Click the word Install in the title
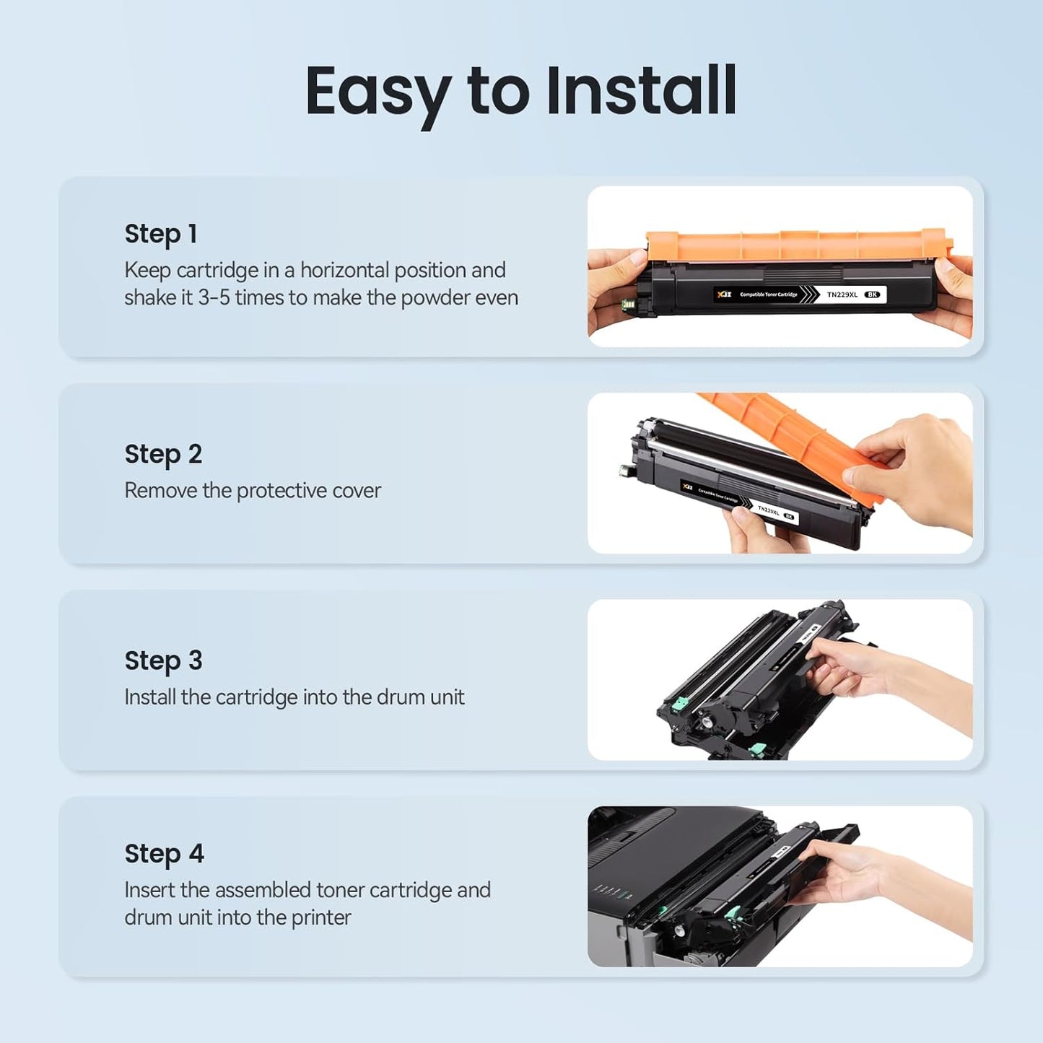(x=641, y=91)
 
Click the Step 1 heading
(x=160, y=234)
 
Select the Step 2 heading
(x=163, y=454)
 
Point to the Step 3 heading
(x=163, y=660)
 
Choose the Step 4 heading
(x=164, y=854)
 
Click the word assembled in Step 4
(x=263, y=890)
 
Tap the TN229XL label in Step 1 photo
(x=842, y=294)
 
